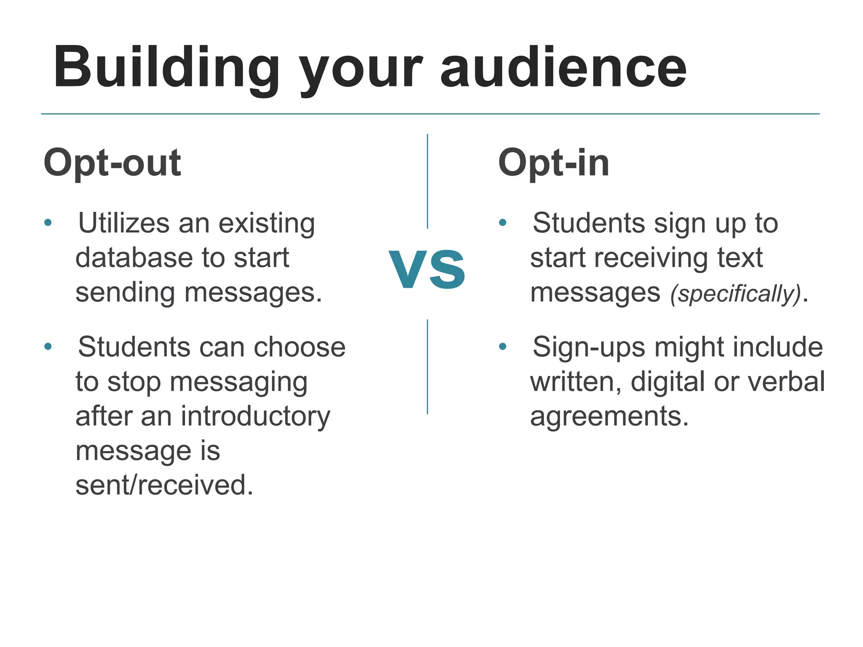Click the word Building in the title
coord(166,68)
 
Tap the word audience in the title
coord(563,68)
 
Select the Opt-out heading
coord(113,163)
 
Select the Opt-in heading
coord(554,163)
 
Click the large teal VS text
coord(427,270)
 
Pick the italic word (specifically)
coord(735,294)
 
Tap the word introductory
coord(256,417)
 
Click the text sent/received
coord(164,485)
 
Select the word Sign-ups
coord(589,348)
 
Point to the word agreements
coord(609,417)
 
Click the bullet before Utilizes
coord(48,222)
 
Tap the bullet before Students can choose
coord(48,347)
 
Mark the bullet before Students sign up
coord(502,222)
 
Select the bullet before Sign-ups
coord(502,347)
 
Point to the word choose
coord(300,348)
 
